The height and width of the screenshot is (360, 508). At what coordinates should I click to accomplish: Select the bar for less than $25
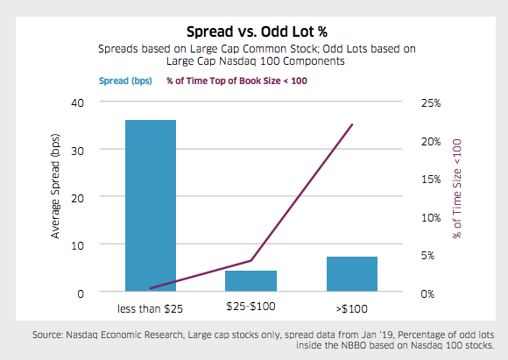tap(151, 206)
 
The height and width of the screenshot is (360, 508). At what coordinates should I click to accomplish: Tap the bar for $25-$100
tap(251, 281)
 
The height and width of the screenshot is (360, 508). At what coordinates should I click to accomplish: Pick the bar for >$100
tap(351, 274)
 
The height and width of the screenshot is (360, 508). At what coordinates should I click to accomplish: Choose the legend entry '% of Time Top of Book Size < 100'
tap(239, 81)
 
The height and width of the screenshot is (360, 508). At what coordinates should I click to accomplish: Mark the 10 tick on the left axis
tap(77, 245)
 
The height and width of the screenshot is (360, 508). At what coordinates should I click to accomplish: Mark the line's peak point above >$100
tap(351, 124)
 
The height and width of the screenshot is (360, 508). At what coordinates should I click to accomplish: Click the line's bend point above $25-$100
tap(251, 260)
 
